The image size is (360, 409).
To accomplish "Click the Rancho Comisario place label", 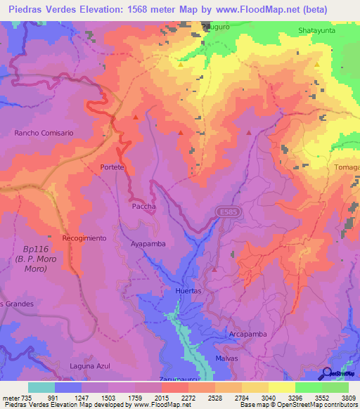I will pyautogui.click(x=44, y=132).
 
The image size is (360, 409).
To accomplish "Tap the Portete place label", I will pyautogui.click(x=112, y=167).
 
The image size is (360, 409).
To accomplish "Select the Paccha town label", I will pyautogui.click(x=143, y=207).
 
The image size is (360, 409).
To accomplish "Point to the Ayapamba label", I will pyautogui.click(x=148, y=245).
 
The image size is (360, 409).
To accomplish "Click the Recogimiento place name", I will pyautogui.click(x=84, y=238).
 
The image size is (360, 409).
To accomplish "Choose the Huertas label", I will pyautogui.click(x=188, y=291).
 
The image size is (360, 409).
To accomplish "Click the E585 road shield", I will pyautogui.click(x=225, y=211).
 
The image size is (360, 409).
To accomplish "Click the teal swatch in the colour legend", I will pyautogui.click(x=41, y=387).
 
